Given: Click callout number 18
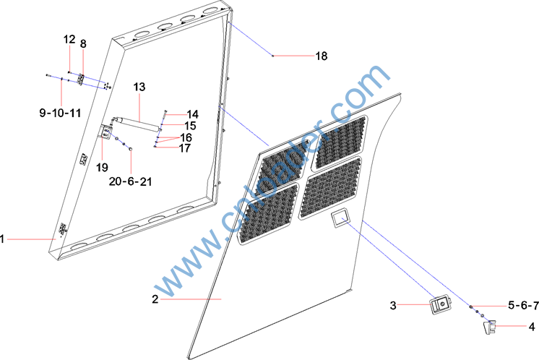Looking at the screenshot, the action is point(322,56).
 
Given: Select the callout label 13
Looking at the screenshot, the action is point(139,87).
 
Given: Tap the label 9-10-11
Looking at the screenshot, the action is point(60,113).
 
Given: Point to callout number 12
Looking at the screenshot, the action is point(69,39).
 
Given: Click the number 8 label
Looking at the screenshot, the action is point(83,43).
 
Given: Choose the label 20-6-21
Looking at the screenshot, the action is point(130,181).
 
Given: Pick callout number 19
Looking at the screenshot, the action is point(102,168).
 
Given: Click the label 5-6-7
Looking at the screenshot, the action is point(524,305).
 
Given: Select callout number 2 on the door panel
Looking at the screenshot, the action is point(155,299).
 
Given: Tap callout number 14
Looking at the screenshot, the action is point(192,114).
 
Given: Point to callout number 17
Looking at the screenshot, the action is point(185,148).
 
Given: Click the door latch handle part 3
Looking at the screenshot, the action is point(441,305).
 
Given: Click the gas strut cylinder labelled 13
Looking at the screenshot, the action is point(137,124).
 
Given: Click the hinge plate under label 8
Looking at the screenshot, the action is point(82,80).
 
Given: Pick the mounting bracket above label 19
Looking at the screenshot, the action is point(106,132).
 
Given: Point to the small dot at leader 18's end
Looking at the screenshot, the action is point(273,56).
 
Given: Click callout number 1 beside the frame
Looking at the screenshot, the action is point(2,239).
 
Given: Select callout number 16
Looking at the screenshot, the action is point(186,137).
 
